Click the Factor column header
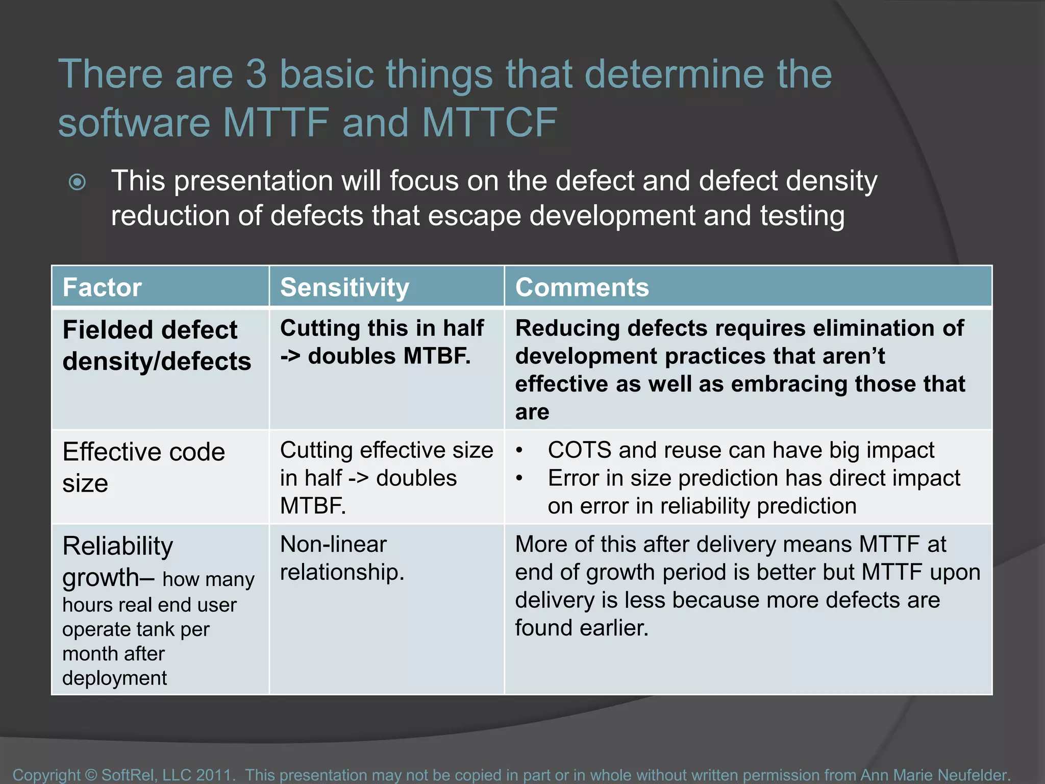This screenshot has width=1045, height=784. pyautogui.click(x=102, y=287)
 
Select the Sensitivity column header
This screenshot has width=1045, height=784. pyautogui.click(x=344, y=287)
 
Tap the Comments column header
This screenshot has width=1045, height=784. pyautogui.click(x=582, y=287)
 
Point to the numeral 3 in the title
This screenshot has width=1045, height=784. pyautogui.click(x=256, y=74)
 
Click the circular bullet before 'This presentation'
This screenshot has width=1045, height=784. pyautogui.click(x=77, y=182)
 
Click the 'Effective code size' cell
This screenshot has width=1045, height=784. pyautogui.click(x=143, y=467)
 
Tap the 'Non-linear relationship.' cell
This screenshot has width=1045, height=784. pyautogui.click(x=342, y=558)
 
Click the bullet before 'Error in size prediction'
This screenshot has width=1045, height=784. pyautogui.click(x=519, y=479)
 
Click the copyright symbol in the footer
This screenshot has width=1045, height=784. pyautogui.click(x=91, y=774)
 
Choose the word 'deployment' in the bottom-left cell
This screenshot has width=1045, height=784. pyautogui.click(x=114, y=678)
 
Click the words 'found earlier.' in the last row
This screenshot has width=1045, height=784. pyautogui.click(x=581, y=628)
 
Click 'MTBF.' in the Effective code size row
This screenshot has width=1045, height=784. pyautogui.click(x=313, y=506)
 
